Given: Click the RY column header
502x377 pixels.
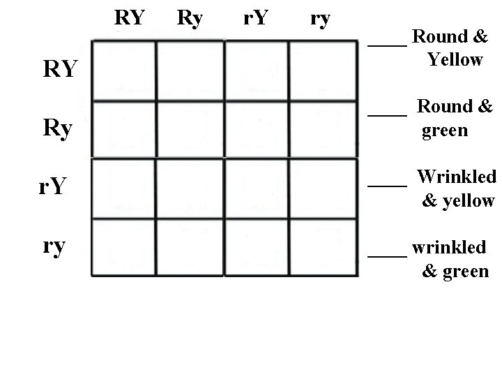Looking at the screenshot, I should point(130,17).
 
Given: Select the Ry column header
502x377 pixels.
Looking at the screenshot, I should point(190,17).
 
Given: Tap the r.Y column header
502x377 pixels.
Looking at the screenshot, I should point(255,17).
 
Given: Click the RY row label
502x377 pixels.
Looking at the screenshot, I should point(60,69).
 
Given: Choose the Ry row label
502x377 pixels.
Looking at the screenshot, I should point(60,129).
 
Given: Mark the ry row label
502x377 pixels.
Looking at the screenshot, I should point(54,246).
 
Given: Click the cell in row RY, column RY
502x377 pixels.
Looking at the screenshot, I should point(123,71).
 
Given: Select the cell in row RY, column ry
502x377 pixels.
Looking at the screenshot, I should point(320,71).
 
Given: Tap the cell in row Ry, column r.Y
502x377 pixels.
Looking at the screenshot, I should point(256,129).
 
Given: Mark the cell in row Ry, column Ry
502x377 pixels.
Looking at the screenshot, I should point(190,129).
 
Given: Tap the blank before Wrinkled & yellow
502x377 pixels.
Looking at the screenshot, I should point(387,184).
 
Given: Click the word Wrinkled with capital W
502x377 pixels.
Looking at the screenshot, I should point(456,177).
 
